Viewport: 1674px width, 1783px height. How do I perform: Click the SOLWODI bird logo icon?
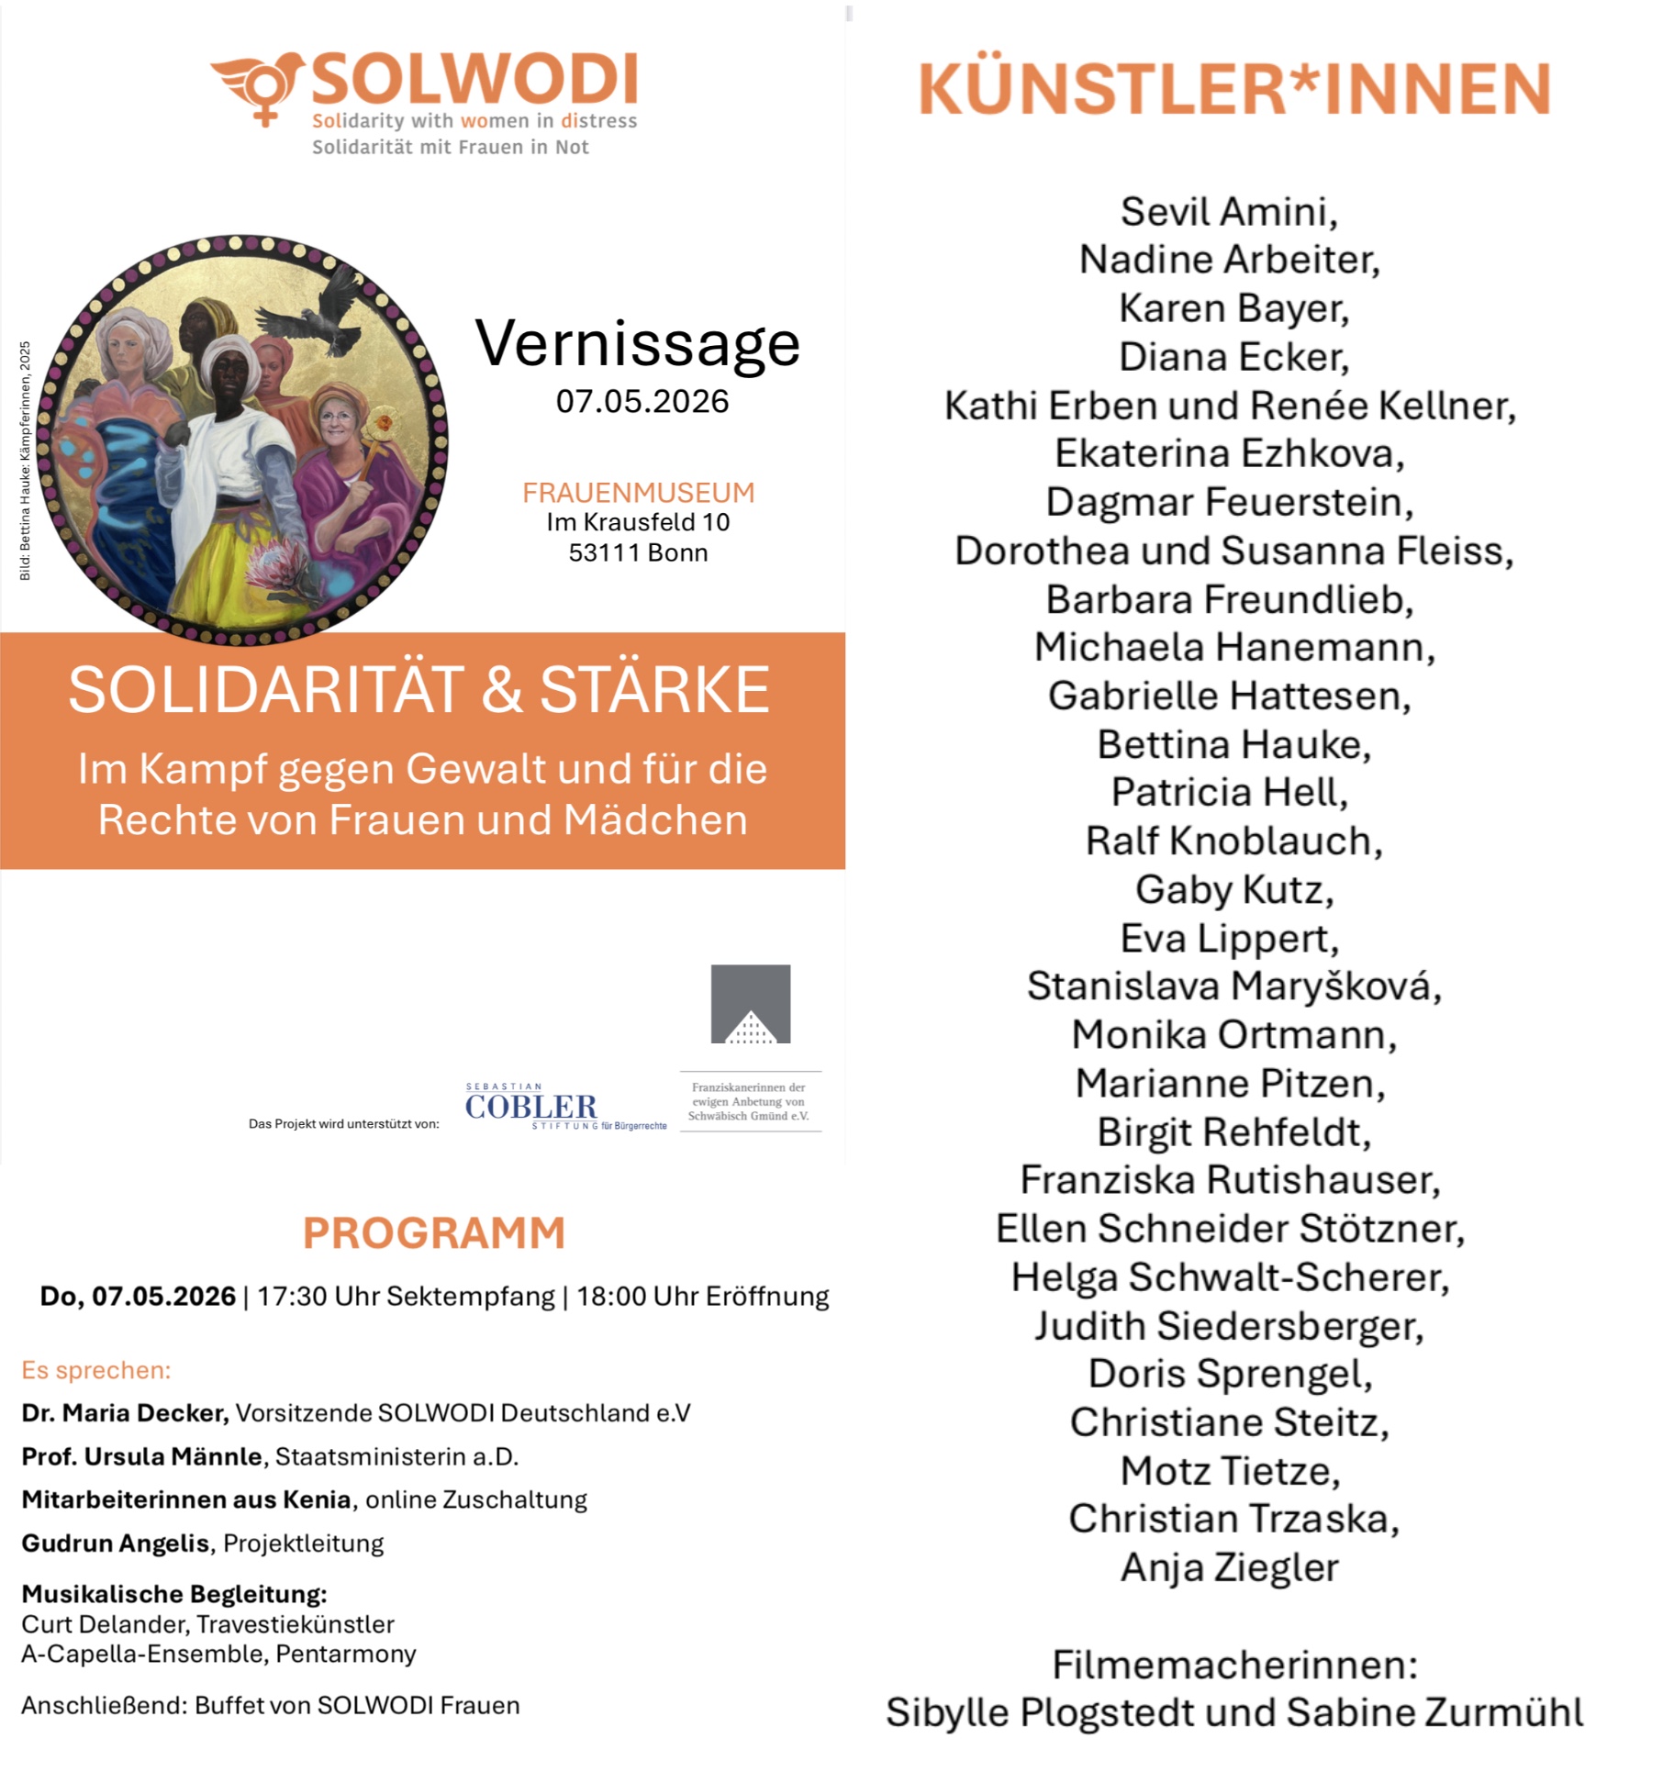pos(259,84)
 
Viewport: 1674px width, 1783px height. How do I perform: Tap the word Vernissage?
pos(637,344)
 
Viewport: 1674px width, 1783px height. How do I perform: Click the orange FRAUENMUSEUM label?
pos(638,493)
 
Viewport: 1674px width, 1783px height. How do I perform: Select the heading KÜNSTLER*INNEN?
pos(1234,89)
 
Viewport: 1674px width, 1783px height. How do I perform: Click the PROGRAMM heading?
pos(434,1232)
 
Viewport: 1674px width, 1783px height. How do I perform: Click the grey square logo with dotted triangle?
pos(750,1003)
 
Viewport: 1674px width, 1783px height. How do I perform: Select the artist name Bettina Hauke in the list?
pos(1233,744)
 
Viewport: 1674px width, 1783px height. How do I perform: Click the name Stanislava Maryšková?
pos(1233,986)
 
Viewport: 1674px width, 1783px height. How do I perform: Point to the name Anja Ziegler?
pos(1229,1567)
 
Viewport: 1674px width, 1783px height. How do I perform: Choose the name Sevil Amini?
pos(1229,212)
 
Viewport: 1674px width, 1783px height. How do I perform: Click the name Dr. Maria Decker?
pos(125,1412)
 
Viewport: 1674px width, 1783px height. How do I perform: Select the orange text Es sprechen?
pos(96,1370)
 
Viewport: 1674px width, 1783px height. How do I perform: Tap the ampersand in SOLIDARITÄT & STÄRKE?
pos(501,690)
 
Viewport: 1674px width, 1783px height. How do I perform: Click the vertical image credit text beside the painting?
pos(25,460)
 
